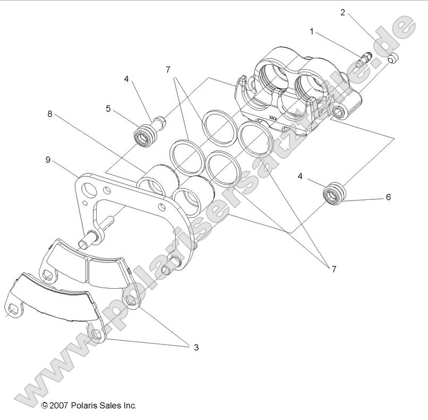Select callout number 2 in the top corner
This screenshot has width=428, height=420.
[x=343, y=12]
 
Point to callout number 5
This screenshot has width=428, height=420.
[x=108, y=108]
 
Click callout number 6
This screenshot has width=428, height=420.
[x=388, y=197]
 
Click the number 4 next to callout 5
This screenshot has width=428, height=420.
[x=126, y=79]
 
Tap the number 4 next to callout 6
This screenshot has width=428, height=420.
[x=301, y=177]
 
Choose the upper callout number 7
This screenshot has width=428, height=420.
[x=168, y=70]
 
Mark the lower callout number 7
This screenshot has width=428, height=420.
[x=333, y=269]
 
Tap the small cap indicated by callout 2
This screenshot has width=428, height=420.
[x=392, y=58]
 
